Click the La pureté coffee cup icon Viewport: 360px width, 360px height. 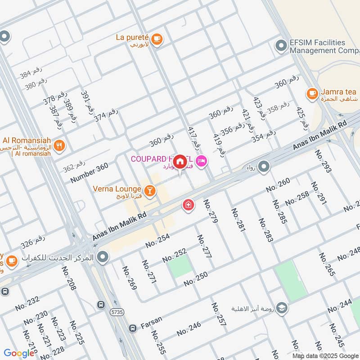[x=156, y=39]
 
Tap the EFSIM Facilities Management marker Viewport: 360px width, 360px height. [x=281, y=46]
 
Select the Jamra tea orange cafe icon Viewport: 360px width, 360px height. [x=311, y=94]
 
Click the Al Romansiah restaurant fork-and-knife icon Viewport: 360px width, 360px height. [x=59, y=145]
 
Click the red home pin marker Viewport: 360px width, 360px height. [x=180, y=161]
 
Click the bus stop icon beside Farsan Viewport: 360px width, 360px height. [x=132, y=328]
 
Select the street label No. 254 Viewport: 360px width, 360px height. [x=157, y=241]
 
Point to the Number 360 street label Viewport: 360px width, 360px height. [x=89, y=173]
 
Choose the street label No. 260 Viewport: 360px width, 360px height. [x=278, y=187]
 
